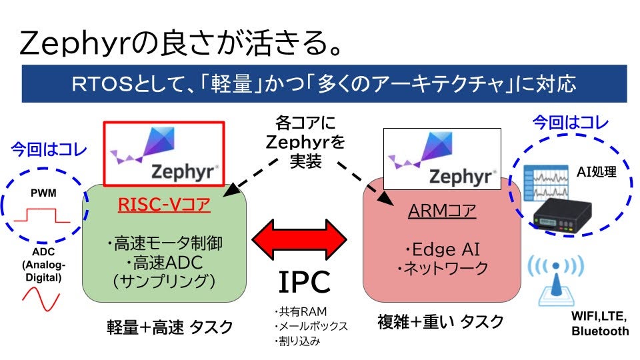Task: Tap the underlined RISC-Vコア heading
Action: click(x=164, y=204)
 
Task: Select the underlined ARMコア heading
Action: click(x=443, y=211)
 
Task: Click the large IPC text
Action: click(x=304, y=283)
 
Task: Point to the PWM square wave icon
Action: click(x=42, y=215)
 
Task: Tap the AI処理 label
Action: click(x=596, y=171)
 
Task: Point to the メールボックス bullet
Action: click(x=311, y=326)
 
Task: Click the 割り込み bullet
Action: click(x=297, y=341)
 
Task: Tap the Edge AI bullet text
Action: click(x=441, y=250)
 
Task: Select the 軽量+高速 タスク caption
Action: click(x=170, y=327)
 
